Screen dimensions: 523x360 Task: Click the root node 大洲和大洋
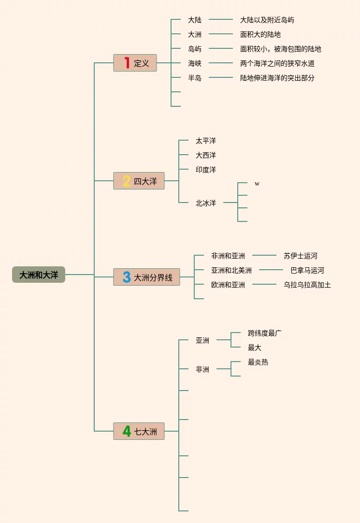click(39, 275)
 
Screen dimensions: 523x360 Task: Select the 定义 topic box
click(135, 63)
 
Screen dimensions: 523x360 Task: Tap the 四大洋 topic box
click(139, 181)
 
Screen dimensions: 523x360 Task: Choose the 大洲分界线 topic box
click(146, 277)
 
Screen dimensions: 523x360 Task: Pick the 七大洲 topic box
click(139, 431)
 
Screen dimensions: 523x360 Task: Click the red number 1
click(127, 63)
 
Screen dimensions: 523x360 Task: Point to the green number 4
click(127, 431)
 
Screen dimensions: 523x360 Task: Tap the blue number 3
click(127, 277)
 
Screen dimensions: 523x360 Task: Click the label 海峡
click(195, 63)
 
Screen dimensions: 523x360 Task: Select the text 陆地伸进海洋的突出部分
click(277, 78)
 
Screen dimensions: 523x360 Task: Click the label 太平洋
click(206, 141)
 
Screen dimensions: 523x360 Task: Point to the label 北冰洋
click(206, 203)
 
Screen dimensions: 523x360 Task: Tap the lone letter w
click(257, 184)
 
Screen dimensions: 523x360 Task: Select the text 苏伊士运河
click(301, 256)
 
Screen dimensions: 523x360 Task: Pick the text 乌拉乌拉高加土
click(307, 285)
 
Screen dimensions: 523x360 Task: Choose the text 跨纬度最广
click(265, 333)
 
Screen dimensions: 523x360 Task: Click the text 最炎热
click(258, 362)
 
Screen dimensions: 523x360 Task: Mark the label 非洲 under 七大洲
click(202, 369)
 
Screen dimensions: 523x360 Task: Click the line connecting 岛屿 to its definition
click(221, 49)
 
